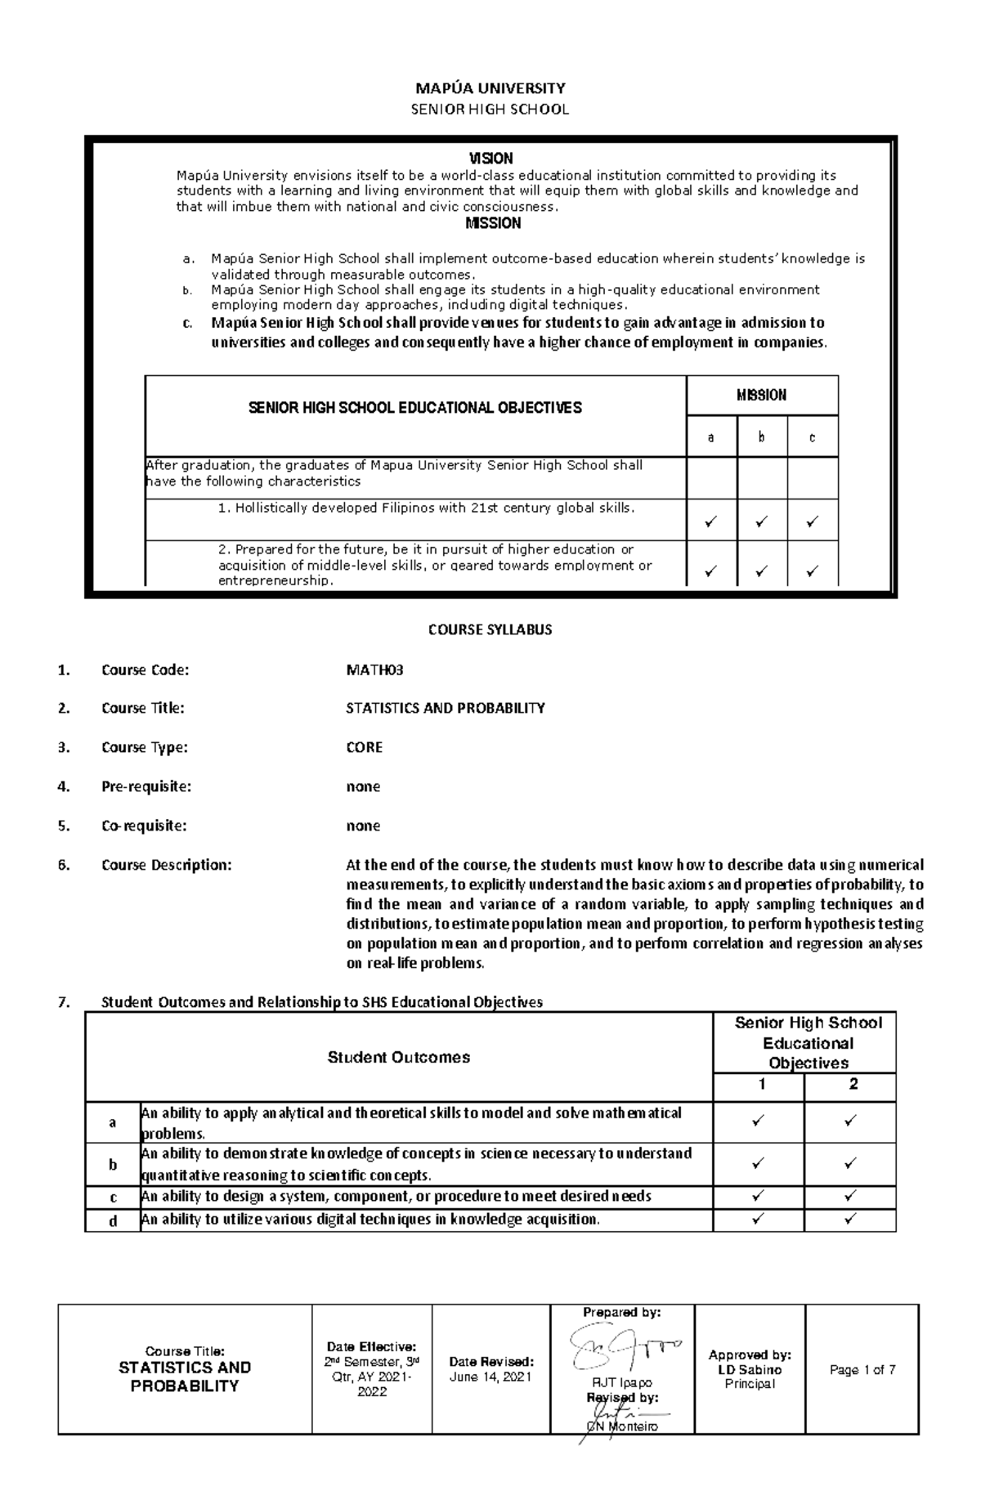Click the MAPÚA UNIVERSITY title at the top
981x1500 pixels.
(x=490, y=88)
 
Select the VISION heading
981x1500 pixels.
(x=490, y=159)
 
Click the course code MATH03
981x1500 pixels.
(x=374, y=670)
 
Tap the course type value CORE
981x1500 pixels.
(x=364, y=747)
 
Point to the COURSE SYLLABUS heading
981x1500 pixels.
(x=490, y=629)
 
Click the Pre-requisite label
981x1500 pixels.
(x=146, y=786)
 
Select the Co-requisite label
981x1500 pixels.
(x=144, y=826)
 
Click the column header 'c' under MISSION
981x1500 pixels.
(x=812, y=437)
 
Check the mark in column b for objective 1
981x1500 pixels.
(x=761, y=521)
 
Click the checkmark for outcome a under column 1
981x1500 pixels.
(x=758, y=1122)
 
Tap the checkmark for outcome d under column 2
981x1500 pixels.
(x=850, y=1219)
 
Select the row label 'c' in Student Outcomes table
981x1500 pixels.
(x=113, y=1198)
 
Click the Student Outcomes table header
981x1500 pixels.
(x=398, y=1057)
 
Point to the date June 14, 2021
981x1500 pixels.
(x=490, y=1377)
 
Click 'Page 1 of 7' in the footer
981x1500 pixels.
(x=862, y=1369)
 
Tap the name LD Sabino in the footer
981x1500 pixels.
(x=750, y=1369)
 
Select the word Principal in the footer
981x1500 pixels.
(x=750, y=1383)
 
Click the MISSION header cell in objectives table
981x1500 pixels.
(x=761, y=396)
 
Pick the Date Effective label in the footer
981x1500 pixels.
(x=371, y=1346)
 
